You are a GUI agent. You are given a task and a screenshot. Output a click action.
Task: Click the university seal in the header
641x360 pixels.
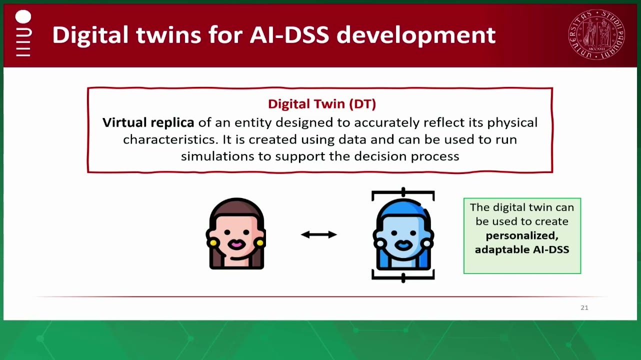[x=596, y=34]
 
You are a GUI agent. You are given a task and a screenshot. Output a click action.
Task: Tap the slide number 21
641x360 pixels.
[x=584, y=307]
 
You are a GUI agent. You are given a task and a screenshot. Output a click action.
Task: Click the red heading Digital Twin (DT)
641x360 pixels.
[x=322, y=104]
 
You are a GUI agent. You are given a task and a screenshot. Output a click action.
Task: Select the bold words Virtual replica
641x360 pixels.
[x=148, y=123]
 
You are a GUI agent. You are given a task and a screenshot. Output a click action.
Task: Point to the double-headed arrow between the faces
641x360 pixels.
[x=319, y=234]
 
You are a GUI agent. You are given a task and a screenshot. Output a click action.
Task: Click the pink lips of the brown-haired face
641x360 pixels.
[x=236, y=244]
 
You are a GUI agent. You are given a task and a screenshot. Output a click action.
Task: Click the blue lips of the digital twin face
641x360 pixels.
[x=403, y=245]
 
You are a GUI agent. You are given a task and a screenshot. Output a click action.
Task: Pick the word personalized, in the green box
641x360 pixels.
[x=522, y=236]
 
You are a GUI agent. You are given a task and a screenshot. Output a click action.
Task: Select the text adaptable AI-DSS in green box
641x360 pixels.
[x=522, y=249]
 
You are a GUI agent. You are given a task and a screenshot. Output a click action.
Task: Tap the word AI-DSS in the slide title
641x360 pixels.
[x=289, y=35]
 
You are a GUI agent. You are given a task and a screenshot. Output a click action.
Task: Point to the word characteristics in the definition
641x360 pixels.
[x=170, y=139]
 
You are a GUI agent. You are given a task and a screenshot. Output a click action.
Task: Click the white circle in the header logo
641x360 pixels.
[x=23, y=16]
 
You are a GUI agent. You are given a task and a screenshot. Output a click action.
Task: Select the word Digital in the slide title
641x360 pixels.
[x=90, y=35]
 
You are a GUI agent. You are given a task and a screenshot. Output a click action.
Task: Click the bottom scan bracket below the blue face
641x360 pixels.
[x=403, y=276]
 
